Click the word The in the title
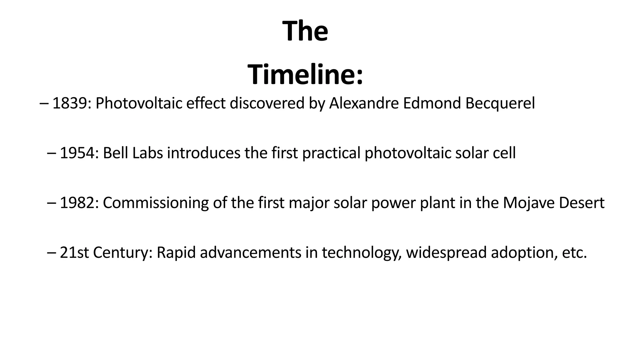tap(305, 31)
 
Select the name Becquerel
tap(500, 103)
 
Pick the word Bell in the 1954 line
tap(115, 153)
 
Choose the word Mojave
tap(528, 203)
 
